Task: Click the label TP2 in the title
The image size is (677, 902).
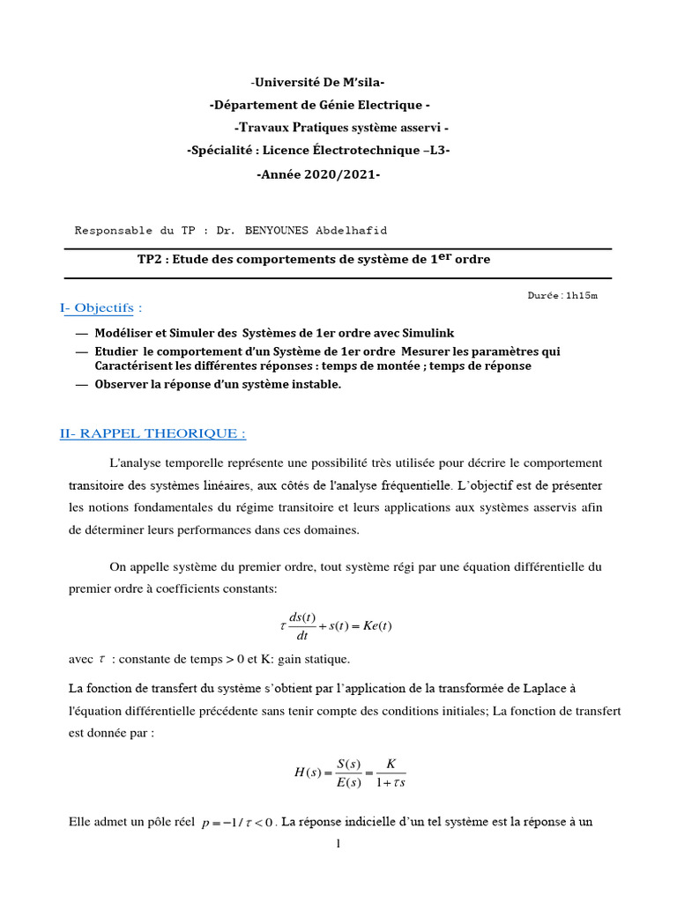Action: [151, 260]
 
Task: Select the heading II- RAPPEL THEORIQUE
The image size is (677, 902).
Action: [153, 433]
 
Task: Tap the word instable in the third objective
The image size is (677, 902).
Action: [312, 384]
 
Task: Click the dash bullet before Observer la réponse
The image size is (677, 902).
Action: [82, 384]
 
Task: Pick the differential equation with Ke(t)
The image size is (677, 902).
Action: [335, 626]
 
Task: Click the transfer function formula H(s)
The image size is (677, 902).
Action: [350, 773]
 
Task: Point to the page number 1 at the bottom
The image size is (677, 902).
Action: [338, 843]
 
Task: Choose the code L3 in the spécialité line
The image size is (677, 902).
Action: [436, 151]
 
